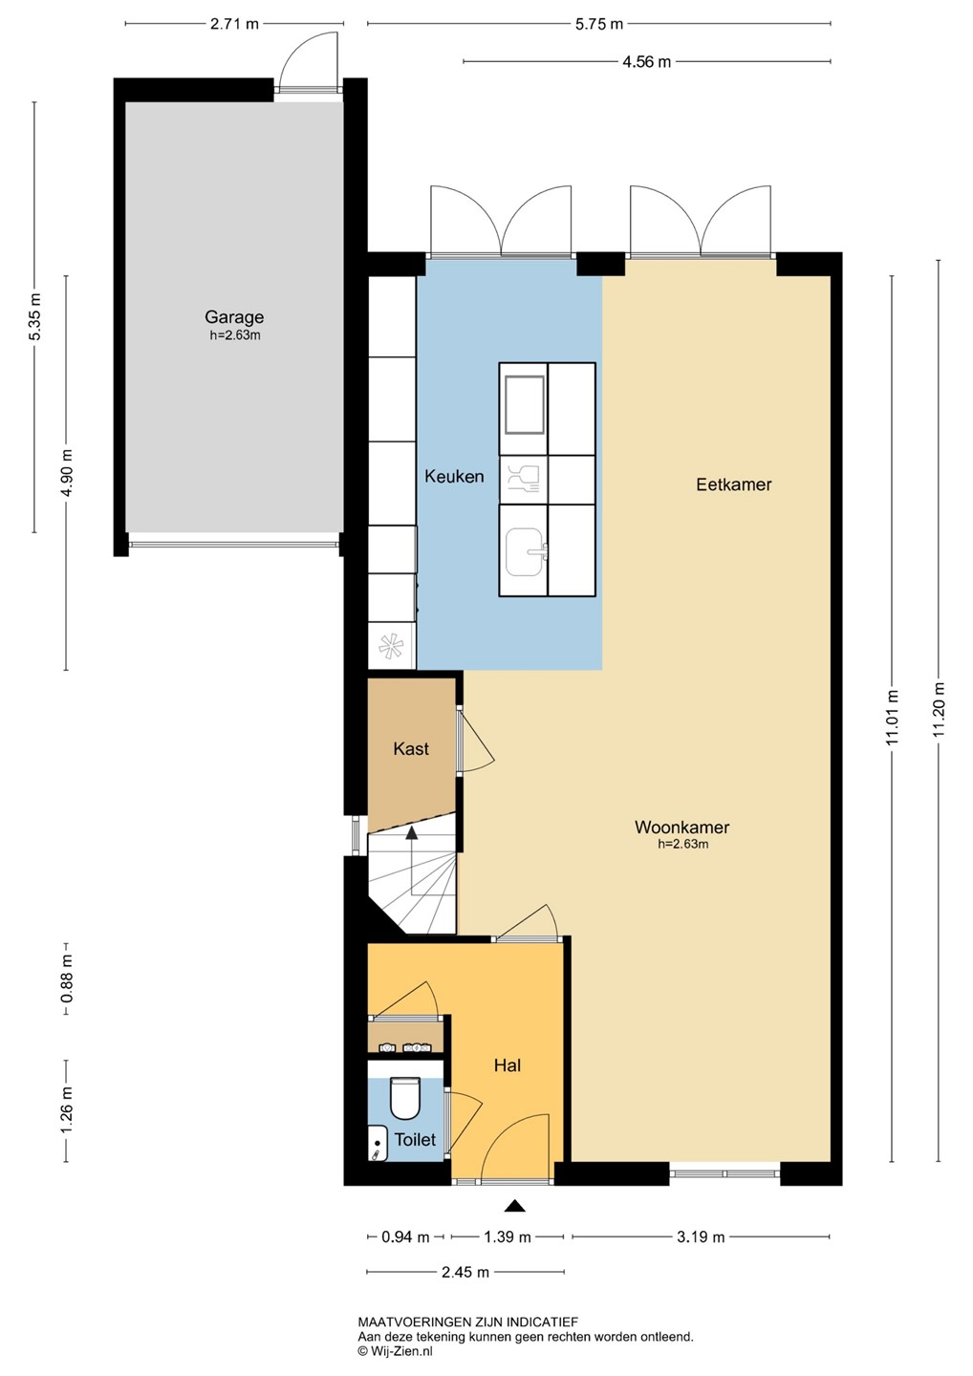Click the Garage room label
[234, 317]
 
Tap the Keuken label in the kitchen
[454, 476]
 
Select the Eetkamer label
[733, 484]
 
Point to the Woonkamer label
[681, 827]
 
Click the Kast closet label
[411, 749]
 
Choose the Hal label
[508, 1065]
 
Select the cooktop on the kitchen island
[524, 405]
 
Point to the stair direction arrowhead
[411, 833]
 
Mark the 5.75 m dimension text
[599, 24]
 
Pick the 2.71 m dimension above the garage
[235, 24]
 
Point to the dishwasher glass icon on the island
[524, 479]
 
